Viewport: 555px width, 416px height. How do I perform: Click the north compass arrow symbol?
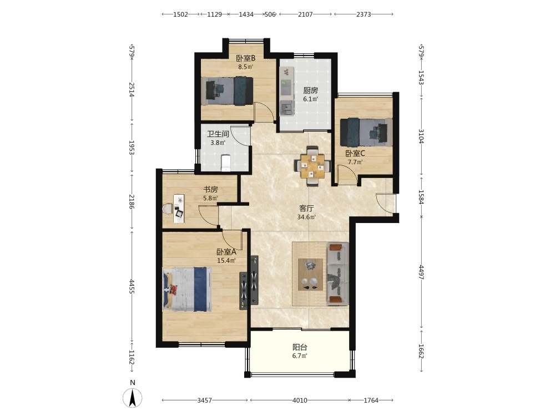133,398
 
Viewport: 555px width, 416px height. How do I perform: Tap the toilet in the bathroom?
225,163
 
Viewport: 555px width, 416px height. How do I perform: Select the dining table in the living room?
312,165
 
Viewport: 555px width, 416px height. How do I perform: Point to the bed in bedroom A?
187,290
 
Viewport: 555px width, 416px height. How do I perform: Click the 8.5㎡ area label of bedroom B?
245,67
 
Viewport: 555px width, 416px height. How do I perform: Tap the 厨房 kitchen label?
310,90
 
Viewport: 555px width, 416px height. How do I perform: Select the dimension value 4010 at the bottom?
300,400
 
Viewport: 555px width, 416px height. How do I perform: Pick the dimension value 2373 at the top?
364,14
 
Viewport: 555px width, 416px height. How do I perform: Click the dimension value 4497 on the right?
421,272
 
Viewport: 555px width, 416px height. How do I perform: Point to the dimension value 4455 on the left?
132,287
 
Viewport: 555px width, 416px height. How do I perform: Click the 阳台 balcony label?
300,347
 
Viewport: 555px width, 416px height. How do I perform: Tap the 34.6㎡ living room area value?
306,217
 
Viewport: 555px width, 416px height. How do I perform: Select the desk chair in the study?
168,209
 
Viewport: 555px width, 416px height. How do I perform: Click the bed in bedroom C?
366,133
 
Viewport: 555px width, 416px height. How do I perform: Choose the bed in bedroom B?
227,91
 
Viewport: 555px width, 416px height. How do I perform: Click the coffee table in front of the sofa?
310,275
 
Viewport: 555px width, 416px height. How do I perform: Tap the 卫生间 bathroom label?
218,134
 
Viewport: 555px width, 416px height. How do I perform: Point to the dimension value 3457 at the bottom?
205,400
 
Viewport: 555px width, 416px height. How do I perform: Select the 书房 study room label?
210,190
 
